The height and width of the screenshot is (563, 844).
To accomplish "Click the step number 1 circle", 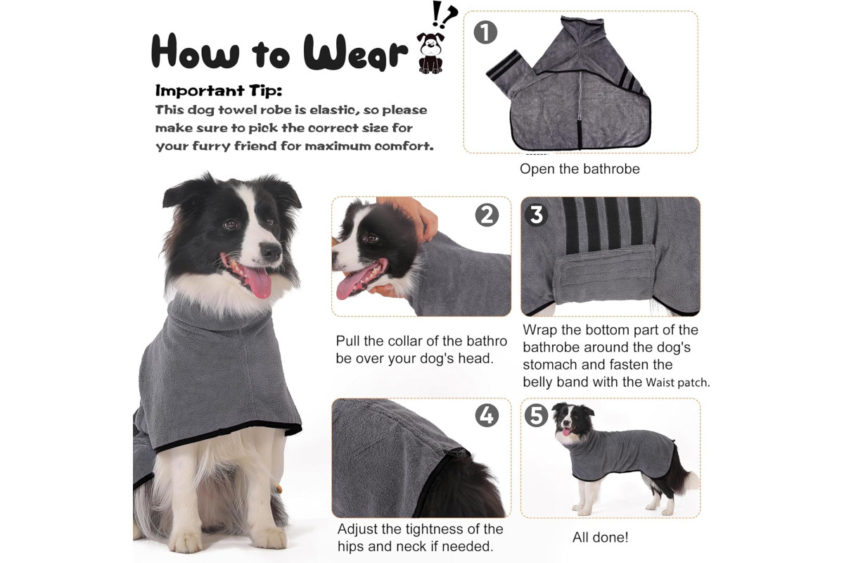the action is click(485, 32).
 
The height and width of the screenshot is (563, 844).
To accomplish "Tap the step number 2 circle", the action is click(487, 215).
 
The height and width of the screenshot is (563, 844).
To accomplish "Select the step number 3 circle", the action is click(537, 215).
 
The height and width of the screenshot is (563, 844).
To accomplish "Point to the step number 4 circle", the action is click(487, 415).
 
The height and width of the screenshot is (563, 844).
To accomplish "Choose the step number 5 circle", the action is click(537, 415).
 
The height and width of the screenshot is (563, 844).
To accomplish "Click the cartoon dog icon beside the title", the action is click(430, 53).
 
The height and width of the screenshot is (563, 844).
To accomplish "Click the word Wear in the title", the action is click(356, 52).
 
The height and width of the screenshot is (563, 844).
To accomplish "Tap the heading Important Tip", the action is click(219, 91).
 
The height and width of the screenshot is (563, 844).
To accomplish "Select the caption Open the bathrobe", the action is click(580, 169).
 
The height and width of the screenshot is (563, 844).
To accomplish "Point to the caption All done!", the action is click(600, 538).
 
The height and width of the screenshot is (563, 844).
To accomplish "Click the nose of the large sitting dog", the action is click(271, 251).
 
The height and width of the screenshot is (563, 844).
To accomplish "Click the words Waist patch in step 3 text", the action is click(678, 383).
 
